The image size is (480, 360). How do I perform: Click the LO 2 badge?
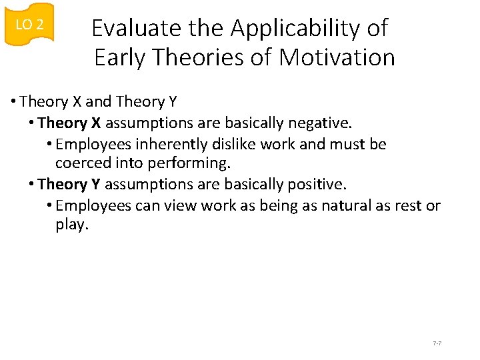tap(29, 25)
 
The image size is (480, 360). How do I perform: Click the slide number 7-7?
tap(437, 343)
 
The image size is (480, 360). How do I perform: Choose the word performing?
tap(197, 163)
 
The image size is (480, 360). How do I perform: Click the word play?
tap(71, 225)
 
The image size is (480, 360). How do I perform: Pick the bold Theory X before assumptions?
tap(69, 123)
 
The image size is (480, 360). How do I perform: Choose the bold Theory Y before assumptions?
tap(69, 184)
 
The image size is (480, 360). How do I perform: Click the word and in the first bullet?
tap(99, 102)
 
